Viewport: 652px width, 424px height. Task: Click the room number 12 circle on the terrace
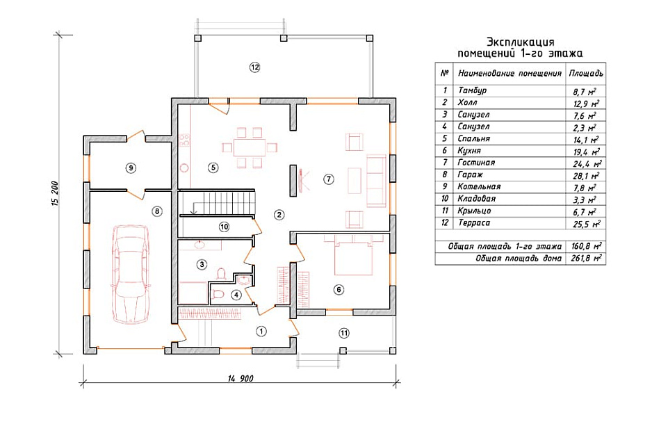255,67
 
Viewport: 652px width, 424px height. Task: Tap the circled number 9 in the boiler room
131,168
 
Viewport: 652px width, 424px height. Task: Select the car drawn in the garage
131,274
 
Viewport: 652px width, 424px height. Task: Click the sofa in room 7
376,181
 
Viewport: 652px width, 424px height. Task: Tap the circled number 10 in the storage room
224,227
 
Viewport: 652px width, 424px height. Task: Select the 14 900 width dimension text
241,378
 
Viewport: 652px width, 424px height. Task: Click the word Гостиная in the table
476,163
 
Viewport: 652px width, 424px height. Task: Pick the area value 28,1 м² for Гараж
586,175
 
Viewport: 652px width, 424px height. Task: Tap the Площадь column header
586,74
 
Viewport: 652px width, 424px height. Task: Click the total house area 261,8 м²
586,258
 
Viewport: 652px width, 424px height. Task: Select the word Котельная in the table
479,187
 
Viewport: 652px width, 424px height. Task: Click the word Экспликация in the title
520,42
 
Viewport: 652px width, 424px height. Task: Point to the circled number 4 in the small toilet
236,295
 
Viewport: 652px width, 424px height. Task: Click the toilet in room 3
221,273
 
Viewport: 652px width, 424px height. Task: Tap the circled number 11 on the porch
344,333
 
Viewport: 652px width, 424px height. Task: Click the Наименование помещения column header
510,74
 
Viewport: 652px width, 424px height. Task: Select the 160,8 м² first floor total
586,246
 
